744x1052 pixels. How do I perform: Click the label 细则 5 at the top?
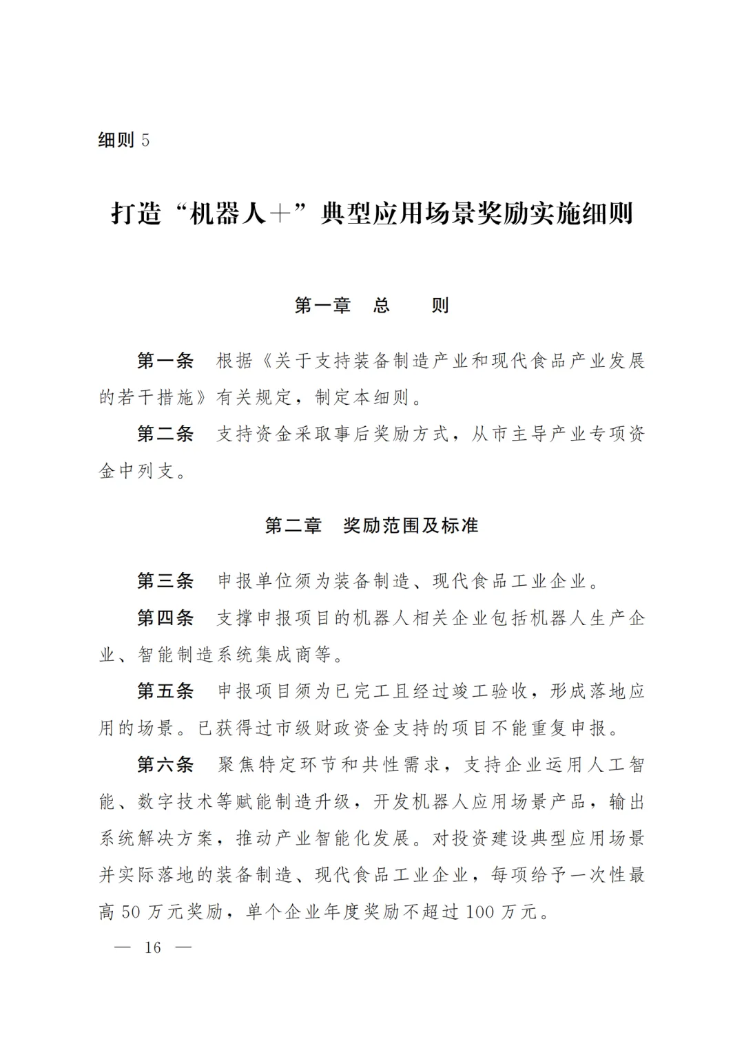(124, 140)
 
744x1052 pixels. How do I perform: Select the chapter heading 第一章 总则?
(371, 305)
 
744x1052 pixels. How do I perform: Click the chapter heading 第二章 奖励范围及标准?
(371, 526)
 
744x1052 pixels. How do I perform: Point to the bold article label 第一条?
(165, 361)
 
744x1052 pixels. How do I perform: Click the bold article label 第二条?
(165, 434)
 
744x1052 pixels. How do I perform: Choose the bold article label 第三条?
(165, 581)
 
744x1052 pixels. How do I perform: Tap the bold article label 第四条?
(165, 618)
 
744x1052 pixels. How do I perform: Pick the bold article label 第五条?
(165, 691)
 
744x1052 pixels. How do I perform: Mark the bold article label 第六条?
(165, 765)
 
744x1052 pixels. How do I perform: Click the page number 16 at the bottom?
(152, 947)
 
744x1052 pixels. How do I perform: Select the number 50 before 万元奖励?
(130, 912)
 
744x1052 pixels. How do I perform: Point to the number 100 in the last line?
(481, 912)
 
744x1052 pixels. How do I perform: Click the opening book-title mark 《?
(265, 361)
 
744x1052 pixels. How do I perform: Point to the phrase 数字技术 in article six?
(167, 802)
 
